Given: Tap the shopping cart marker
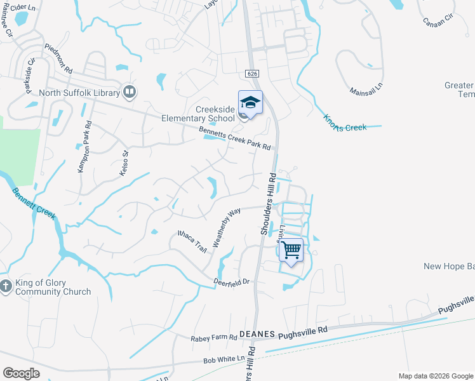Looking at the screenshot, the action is [x=291, y=250].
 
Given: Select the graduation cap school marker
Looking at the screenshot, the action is [x=250, y=103].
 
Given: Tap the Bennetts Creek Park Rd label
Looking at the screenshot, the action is [x=235, y=138].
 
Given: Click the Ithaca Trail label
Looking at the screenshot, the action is [x=192, y=241].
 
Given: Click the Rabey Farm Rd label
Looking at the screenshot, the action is [x=213, y=338].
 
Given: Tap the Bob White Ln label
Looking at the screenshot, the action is [x=224, y=359].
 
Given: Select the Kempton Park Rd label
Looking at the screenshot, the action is [x=84, y=137].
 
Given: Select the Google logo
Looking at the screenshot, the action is [x=21, y=373].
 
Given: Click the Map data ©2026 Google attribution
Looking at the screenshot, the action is [x=435, y=376].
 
